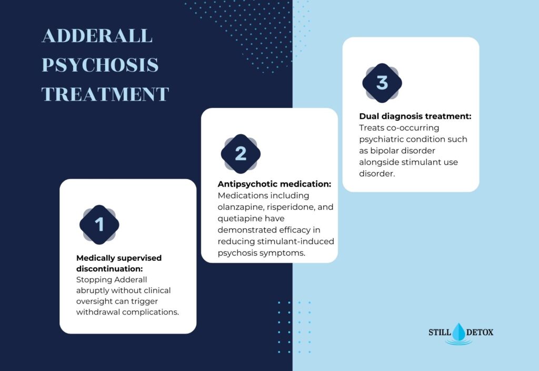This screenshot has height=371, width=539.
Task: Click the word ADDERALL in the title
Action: click(97, 36)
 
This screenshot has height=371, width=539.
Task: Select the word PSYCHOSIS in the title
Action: click(100, 65)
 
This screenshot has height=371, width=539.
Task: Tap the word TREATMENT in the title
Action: click(105, 94)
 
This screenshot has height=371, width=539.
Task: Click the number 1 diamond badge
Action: click(99, 224)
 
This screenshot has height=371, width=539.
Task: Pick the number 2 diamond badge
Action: click(241, 153)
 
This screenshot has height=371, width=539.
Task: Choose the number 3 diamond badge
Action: click(382, 83)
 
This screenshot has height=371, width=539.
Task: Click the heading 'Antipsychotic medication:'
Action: click(274, 184)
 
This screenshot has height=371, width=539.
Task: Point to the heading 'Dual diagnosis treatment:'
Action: click(415, 115)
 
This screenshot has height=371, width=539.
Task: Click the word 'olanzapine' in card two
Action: click(241, 207)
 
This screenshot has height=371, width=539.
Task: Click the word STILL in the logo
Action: click(440, 333)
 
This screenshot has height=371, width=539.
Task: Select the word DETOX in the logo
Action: click(480, 333)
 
